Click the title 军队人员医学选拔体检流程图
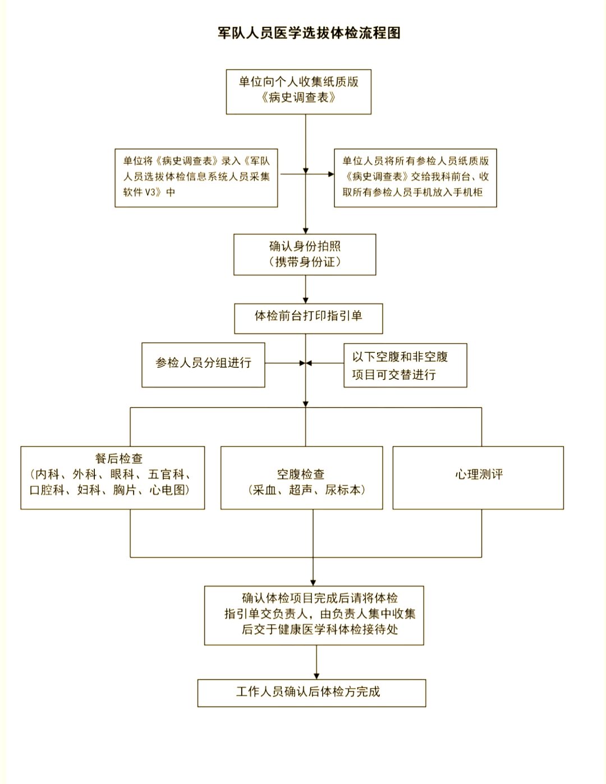click(309, 33)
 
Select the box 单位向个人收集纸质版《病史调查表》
click(299, 91)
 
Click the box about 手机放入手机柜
click(415, 177)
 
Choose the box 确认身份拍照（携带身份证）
click(305, 255)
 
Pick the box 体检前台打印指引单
click(308, 318)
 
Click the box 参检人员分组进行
click(203, 365)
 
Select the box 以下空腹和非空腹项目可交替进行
click(405, 366)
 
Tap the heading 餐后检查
click(118, 459)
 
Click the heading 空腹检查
click(301, 474)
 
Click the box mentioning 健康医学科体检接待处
click(314, 615)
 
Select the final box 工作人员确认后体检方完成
click(311, 693)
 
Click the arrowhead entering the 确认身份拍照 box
click(306, 230)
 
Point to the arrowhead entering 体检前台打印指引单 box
click(306, 299)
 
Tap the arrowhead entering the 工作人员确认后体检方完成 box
click(316, 675)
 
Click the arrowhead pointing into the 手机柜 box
click(330, 174)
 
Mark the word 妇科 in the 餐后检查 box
click(89, 490)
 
